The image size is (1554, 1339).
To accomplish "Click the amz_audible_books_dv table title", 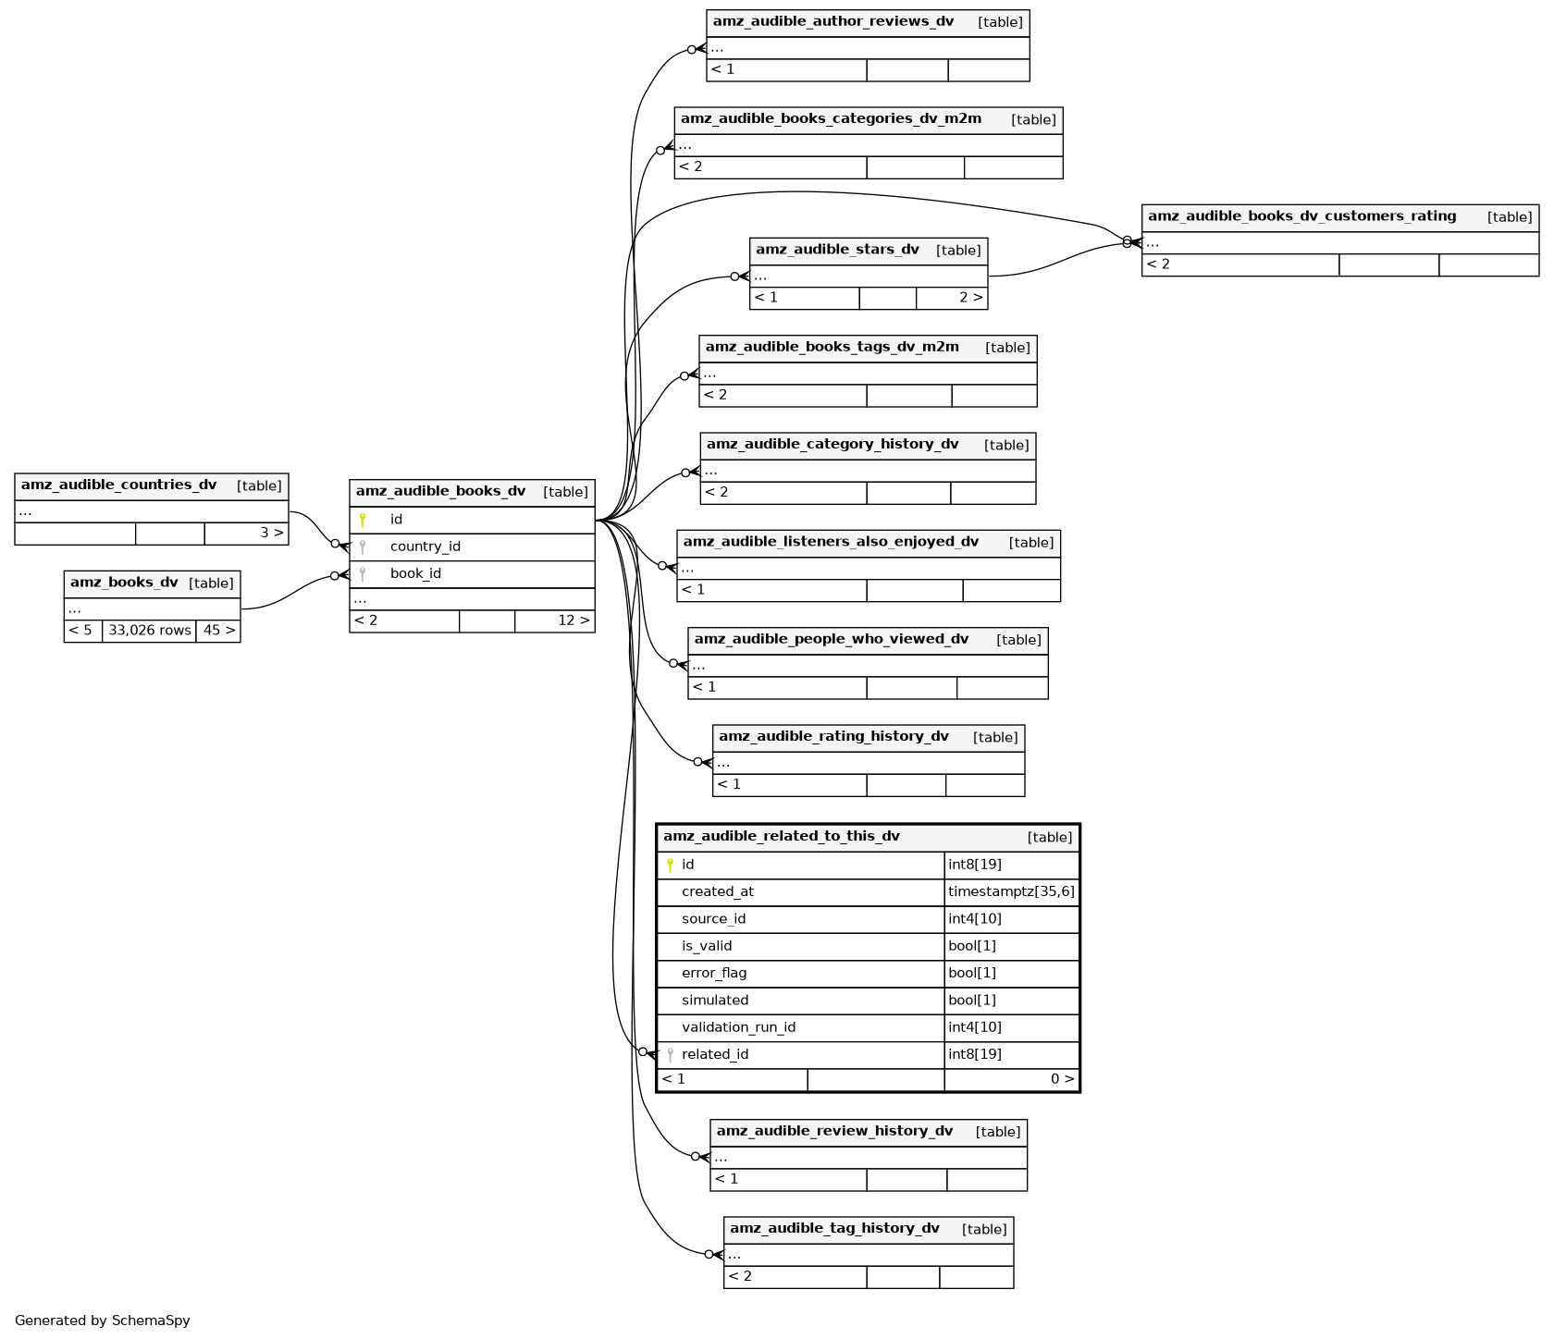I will coord(440,492).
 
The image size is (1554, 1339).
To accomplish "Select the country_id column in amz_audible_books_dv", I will coord(425,547).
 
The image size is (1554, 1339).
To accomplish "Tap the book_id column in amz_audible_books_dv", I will coord(415,573).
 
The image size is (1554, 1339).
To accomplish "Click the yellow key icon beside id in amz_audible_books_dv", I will coord(363,520).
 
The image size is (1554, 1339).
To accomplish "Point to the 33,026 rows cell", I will coord(149,631).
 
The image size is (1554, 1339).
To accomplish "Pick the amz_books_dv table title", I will coord(124,583).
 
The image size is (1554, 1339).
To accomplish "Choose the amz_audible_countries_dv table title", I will coord(118,485).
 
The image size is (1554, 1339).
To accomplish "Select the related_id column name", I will coord(715,1054).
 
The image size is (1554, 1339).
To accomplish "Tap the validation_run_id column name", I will coord(738,1027).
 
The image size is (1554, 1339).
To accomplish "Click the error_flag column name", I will coord(714,973).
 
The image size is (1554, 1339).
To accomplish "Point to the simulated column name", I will coord(715,1001).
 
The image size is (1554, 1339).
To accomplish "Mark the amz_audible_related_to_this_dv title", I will coord(781,837).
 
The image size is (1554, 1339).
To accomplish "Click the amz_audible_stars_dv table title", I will coord(837,250).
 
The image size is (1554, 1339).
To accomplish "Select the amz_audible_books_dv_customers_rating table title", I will coord(1301,216).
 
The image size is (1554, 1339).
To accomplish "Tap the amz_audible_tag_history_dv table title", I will coord(834,1229).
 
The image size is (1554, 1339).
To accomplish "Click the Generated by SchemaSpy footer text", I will coord(103,1321).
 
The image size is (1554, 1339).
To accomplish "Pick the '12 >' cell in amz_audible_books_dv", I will coord(573,620).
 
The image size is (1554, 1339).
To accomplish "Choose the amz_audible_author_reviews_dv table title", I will coord(832,22).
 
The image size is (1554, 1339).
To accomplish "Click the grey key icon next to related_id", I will coord(670,1054).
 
